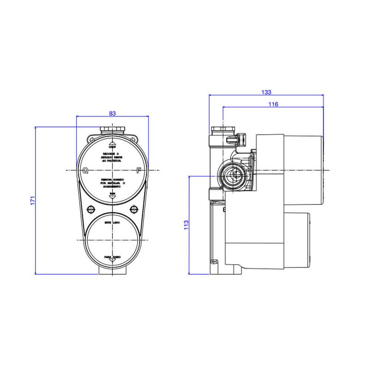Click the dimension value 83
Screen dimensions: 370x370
[112, 113]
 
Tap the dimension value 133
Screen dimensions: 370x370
[266, 92]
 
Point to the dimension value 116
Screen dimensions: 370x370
[273, 105]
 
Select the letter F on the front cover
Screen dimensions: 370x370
[139, 170]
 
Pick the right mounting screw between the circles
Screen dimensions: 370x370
[134, 209]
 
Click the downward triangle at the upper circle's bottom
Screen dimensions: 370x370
[112, 197]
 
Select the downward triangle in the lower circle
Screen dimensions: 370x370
[112, 261]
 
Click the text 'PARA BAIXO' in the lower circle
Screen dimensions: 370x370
[112, 255]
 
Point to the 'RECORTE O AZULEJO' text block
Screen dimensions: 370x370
[112, 157]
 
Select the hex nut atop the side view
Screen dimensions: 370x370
[223, 130]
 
